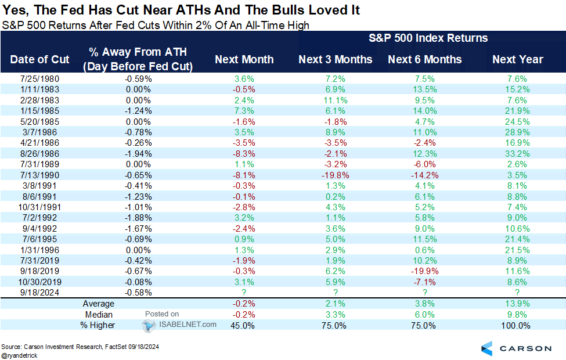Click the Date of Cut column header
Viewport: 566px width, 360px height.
[x=39, y=59]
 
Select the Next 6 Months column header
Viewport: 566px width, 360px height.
[x=424, y=59]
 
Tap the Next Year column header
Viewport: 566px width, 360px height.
[x=517, y=59]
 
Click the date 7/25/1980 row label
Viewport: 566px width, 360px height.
[x=39, y=79]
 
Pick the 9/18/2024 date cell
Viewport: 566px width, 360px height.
[x=39, y=292]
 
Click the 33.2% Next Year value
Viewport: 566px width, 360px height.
[x=517, y=154]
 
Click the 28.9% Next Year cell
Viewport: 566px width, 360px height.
[x=517, y=132]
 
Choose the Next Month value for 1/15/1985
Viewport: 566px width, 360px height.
[x=244, y=111]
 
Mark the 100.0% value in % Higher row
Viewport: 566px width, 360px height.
[x=516, y=325]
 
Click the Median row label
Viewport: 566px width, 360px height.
[x=99, y=314]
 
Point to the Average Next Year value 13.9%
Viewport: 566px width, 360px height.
[x=517, y=304]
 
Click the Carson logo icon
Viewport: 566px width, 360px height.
[x=487, y=348]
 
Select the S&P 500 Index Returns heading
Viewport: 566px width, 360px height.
[x=428, y=38]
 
